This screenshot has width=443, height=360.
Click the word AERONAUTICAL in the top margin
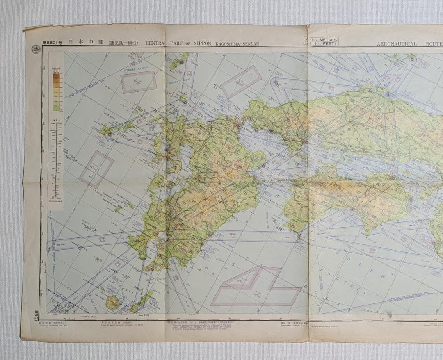[x=397, y=43]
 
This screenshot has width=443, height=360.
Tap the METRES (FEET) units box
[x=321, y=41]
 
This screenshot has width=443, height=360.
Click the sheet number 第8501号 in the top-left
[x=53, y=42]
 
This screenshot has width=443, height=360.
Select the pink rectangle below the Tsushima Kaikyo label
[x=138, y=82]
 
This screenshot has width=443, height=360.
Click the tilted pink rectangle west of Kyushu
[x=96, y=169]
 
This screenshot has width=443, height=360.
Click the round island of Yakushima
[x=113, y=302]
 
